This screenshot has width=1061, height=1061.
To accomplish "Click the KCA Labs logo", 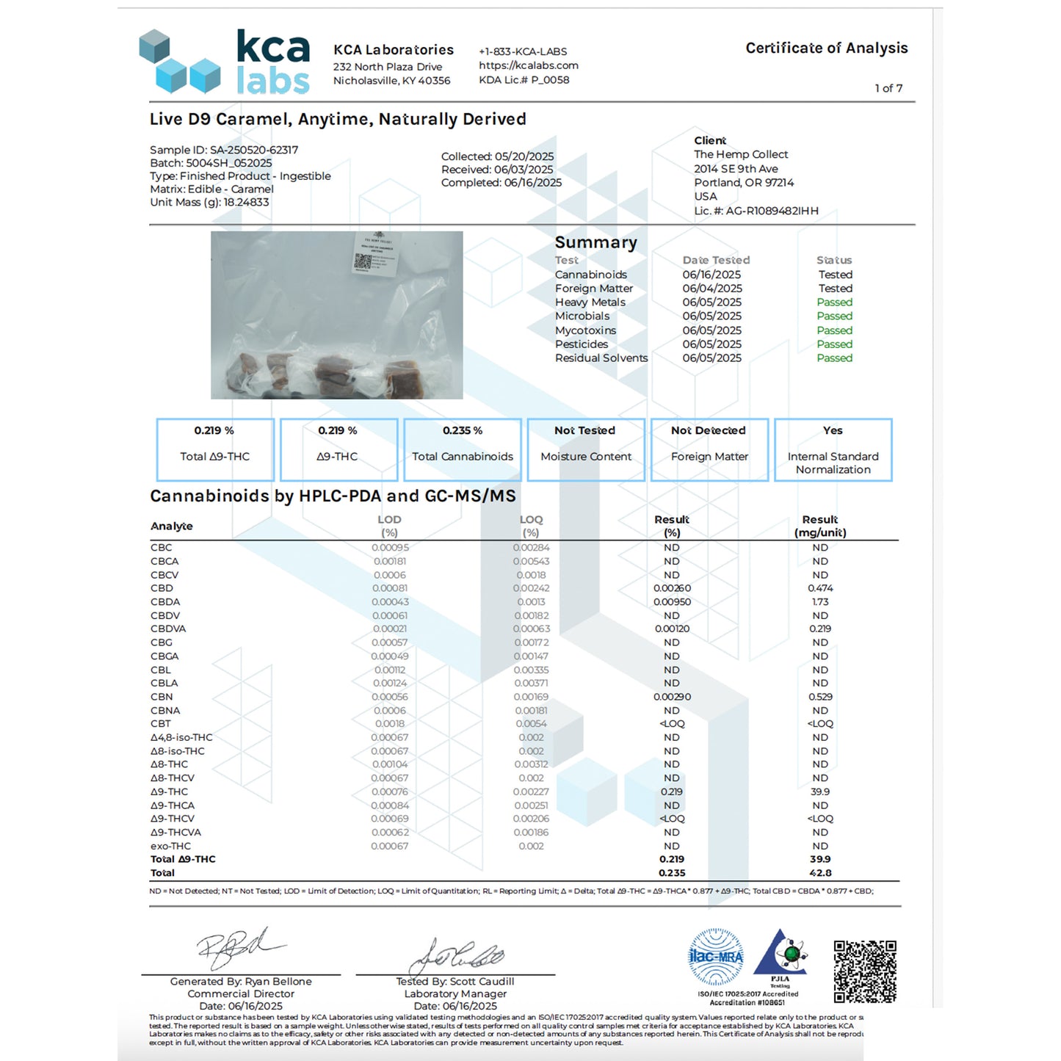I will pyautogui.click(x=224, y=62).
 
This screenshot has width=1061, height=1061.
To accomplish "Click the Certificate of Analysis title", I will pyautogui.click(x=826, y=48).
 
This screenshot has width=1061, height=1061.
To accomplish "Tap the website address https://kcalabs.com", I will pyautogui.click(x=528, y=65).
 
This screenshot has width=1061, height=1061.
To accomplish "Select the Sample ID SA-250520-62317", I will pyautogui.click(x=253, y=150).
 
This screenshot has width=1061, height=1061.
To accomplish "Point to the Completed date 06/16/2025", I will pyautogui.click(x=532, y=183).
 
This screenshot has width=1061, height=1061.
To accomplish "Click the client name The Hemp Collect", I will pyautogui.click(x=741, y=154).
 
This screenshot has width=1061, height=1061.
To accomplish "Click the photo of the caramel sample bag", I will pyautogui.click(x=336, y=315).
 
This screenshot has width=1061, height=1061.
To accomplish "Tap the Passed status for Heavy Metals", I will pyautogui.click(x=834, y=303).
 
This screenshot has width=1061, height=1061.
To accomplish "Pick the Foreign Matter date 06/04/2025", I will pyautogui.click(x=711, y=289).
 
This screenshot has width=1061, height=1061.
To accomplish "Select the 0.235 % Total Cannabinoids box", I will pyautogui.click(x=462, y=449).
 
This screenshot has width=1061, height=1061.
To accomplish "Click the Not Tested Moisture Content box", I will pyautogui.click(x=585, y=449).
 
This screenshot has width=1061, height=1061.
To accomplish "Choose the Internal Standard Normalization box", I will pyautogui.click(x=833, y=449).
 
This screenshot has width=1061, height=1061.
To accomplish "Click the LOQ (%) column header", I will pyautogui.click(x=531, y=526).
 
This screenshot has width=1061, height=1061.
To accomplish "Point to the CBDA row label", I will pyautogui.click(x=165, y=602).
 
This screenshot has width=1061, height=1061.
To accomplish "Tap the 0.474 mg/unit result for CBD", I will pyautogui.click(x=820, y=588).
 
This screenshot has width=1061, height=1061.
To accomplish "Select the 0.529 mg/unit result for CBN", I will pyautogui.click(x=820, y=697).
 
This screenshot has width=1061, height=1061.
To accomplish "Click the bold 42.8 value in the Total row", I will pyautogui.click(x=820, y=873).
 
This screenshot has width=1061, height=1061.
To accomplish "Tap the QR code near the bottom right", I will pyautogui.click(x=865, y=971).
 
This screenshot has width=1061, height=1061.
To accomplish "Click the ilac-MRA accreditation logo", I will pyautogui.click(x=716, y=957).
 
